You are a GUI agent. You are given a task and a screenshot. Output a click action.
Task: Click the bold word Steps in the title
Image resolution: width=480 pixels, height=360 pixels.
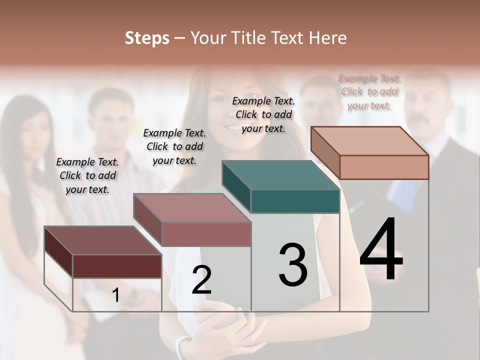coord(147,38)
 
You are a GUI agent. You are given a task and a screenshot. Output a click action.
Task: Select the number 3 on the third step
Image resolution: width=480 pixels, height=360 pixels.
coord(293,264)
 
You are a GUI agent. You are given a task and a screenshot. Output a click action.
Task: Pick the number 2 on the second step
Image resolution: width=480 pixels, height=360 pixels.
coord(201,280)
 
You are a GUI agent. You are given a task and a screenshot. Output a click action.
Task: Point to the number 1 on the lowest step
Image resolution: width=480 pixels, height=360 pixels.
coord(116,295)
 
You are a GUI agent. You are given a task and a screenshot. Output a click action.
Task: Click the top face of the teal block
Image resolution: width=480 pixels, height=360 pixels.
coord(280,175)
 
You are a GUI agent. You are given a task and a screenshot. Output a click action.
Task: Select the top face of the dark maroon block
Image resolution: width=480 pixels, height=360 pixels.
coord(102,240)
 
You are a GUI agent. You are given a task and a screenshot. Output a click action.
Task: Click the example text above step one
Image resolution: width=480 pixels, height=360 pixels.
coord(87,175)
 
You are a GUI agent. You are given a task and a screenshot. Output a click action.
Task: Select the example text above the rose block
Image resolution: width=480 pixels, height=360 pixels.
coord(174,146)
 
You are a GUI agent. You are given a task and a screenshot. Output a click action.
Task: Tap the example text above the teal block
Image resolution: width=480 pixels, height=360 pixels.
coord(263,114)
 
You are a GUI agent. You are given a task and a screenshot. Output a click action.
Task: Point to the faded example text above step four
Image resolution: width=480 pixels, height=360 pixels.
coord(369,91)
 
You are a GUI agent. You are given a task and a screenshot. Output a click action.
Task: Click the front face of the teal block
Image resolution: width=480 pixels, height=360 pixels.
coord(295,201)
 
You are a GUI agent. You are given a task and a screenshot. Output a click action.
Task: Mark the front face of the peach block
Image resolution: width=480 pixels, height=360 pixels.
coord(384,167)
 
